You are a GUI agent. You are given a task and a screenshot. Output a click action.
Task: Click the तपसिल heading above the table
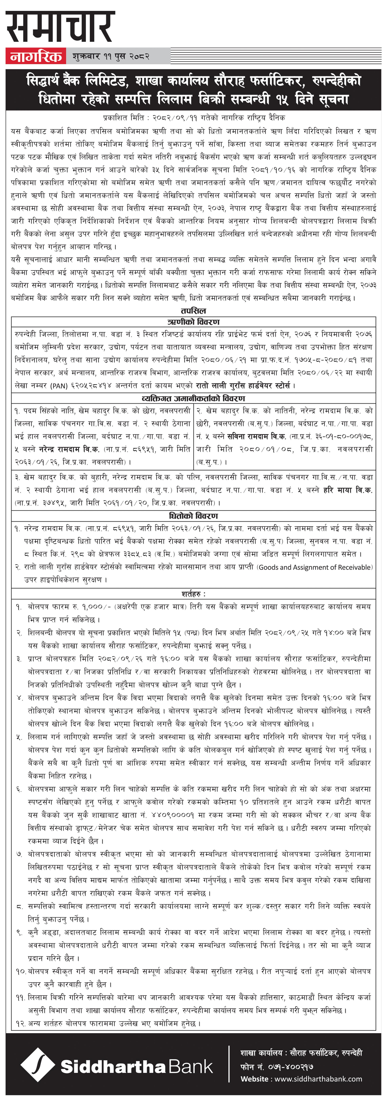pyautogui.click(x=193, y=311)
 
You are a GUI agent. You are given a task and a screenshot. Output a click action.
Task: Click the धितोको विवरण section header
pyautogui.click(x=193, y=516)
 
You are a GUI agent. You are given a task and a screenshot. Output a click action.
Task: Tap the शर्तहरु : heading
pyautogui.click(x=193, y=594)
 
